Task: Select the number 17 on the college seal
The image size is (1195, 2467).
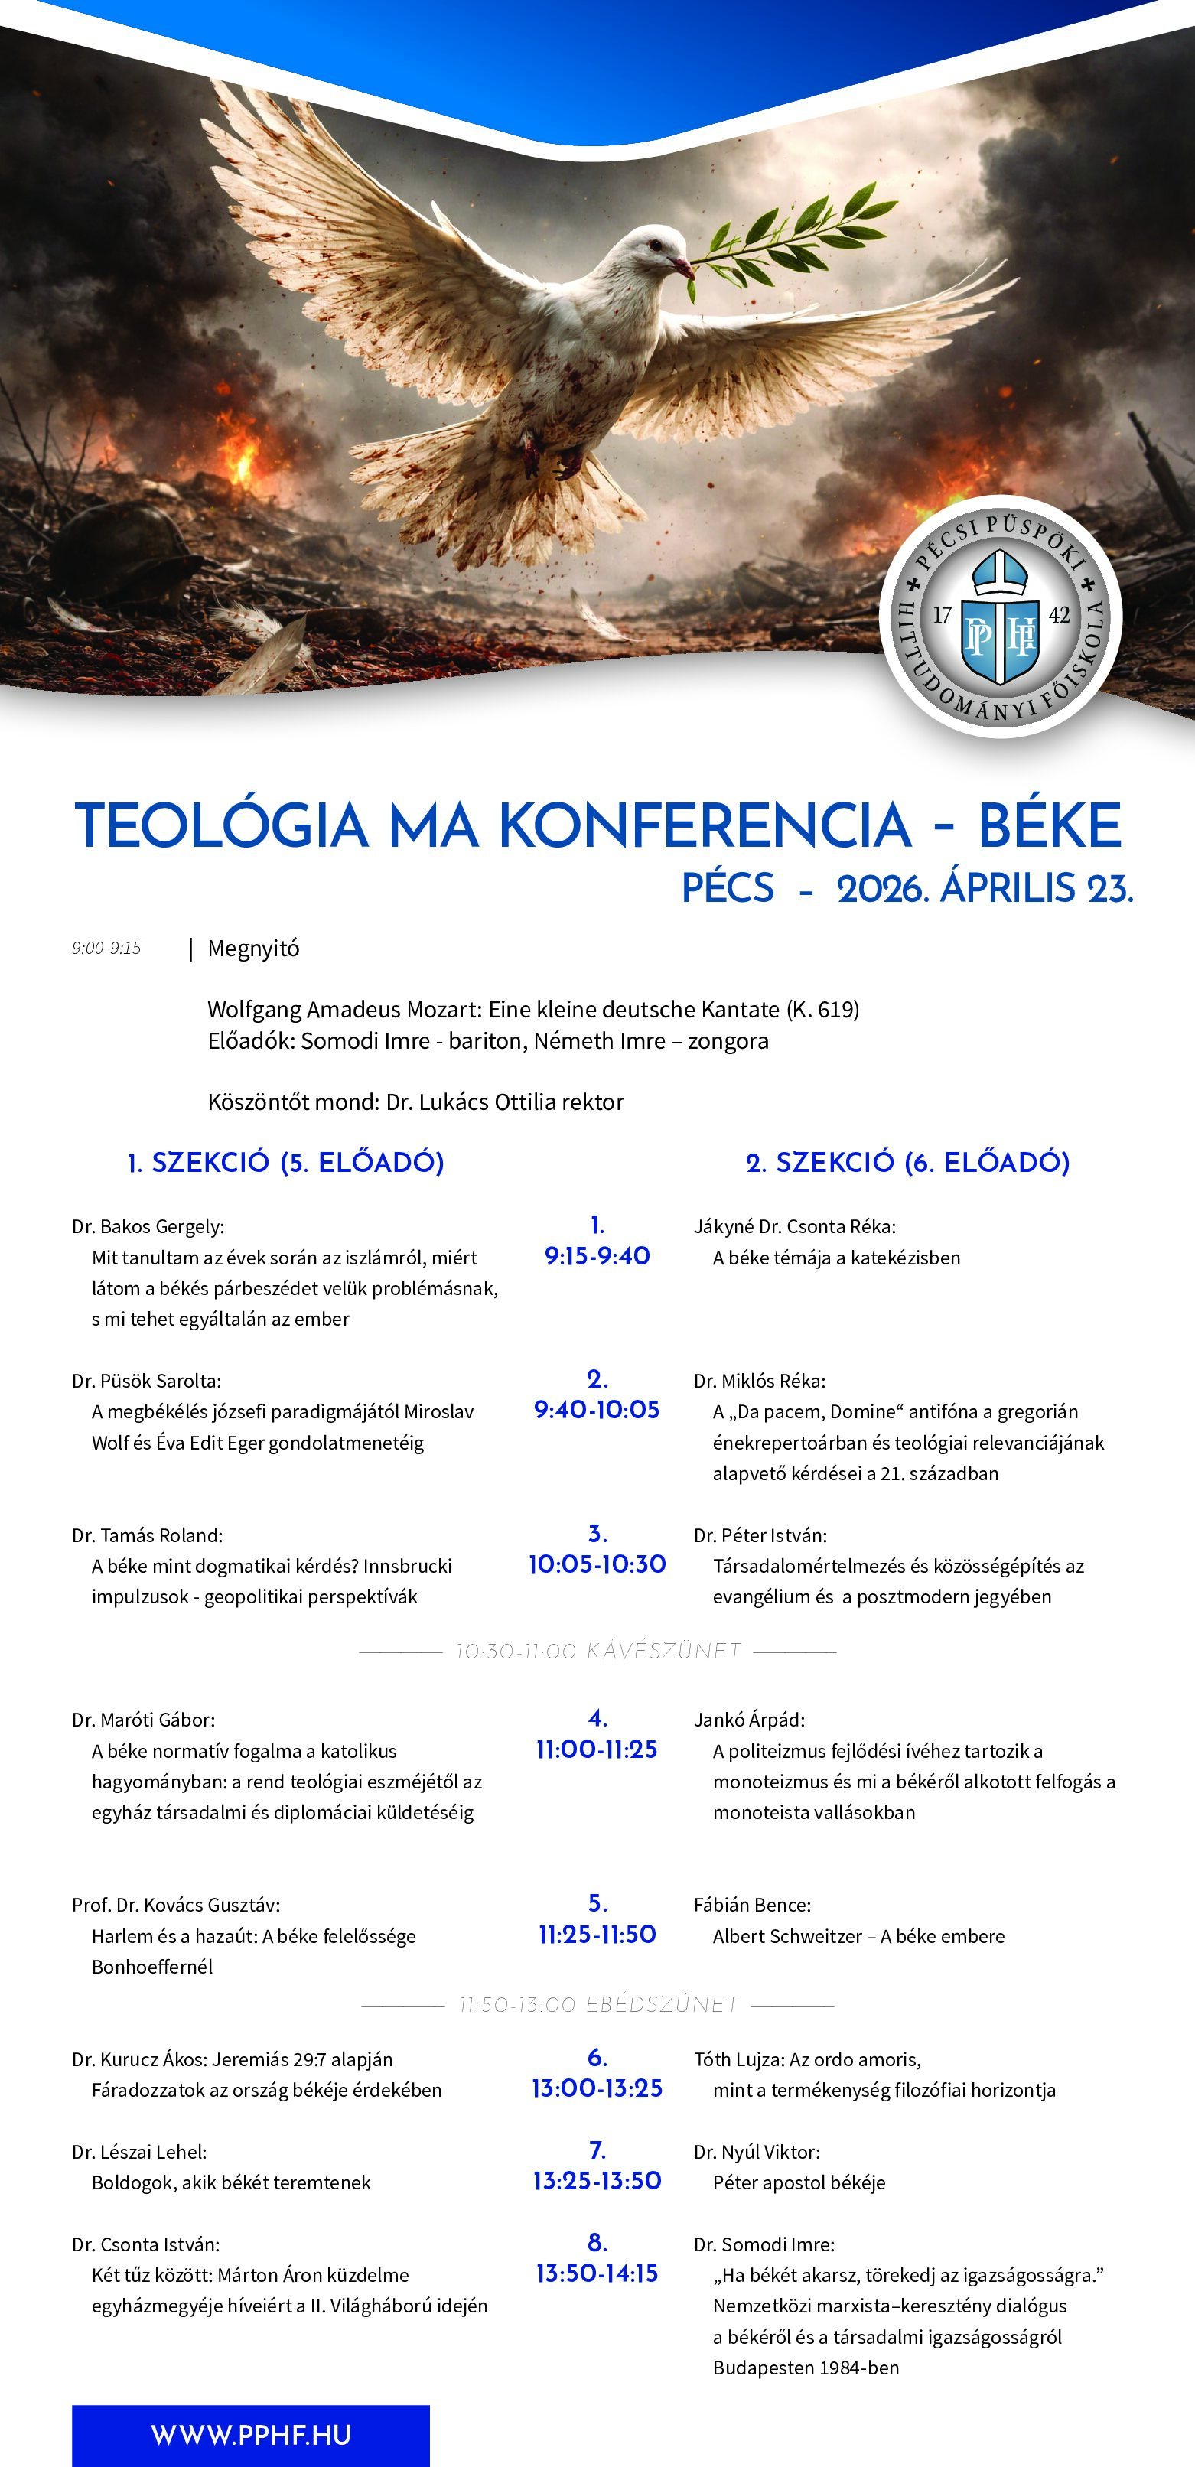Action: click(943, 615)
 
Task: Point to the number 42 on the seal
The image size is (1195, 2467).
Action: click(1059, 615)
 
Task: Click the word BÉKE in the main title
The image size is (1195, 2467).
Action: click(1049, 825)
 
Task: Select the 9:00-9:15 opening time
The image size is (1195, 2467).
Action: click(106, 948)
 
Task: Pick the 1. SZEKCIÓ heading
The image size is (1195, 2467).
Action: click(285, 1163)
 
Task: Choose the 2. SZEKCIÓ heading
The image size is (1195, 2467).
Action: click(907, 1163)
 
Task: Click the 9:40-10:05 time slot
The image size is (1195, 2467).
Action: click(597, 1410)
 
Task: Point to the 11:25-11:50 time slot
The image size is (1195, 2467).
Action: click(597, 1935)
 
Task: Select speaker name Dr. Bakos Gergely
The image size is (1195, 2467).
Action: click(148, 1227)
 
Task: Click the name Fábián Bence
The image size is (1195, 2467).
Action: click(752, 1905)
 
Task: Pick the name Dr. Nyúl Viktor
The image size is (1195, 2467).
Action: click(757, 2152)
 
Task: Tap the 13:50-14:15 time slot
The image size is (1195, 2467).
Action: click(597, 2273)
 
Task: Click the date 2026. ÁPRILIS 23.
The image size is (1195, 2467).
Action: click(985, 889)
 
